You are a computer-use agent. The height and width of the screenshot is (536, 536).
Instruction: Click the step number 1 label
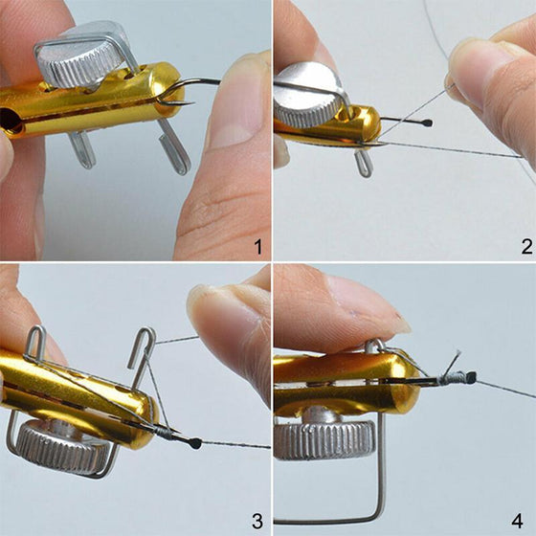coord(258,247)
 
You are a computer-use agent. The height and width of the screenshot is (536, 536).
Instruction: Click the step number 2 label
coord(526,247)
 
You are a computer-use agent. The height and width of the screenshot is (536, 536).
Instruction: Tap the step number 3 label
coord(257,522)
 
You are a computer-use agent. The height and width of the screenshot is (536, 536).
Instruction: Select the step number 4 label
coord(518,522)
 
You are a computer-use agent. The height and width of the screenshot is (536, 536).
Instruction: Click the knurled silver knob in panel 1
coord(80,58)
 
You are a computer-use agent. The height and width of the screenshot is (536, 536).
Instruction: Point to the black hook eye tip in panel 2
coord(428,123)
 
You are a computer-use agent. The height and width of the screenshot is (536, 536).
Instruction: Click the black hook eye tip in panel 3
coord(195,443)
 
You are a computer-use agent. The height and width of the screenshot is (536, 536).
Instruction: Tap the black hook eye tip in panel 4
coord(471,377)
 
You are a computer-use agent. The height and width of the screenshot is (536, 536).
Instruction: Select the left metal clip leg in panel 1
coord(82,149)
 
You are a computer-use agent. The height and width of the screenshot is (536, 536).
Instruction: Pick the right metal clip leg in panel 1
coord(173,147)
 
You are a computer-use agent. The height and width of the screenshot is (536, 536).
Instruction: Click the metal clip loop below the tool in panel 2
coord(364,163)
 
